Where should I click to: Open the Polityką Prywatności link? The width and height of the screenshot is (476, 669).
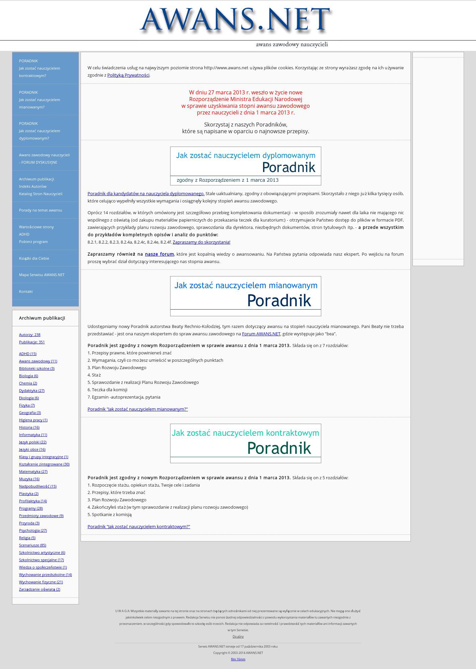[x=128, y=75]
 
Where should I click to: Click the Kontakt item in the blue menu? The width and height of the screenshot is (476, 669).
[x=26, y=291]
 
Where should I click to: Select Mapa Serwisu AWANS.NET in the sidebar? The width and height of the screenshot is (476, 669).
[x=41, y=275]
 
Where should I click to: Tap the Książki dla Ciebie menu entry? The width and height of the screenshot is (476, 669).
[x=34, y=258]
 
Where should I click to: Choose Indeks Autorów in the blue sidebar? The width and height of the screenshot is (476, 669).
[x=32, y=186]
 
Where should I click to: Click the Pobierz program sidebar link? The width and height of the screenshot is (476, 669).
[x=33, y=242]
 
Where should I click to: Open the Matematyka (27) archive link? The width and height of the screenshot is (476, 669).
[x=33, y=472]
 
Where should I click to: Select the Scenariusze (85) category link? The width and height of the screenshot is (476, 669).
[x=32, y=545]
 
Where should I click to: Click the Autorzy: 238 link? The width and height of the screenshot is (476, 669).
[x=29, y=335]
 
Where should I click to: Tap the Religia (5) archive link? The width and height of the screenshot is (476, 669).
[x=27, y=538]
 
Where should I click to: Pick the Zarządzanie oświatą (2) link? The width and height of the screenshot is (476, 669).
[x=39, y=589]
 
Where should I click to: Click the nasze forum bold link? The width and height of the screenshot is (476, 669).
[x=159, y=254]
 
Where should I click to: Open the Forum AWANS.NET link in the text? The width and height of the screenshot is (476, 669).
[x=261, y=334]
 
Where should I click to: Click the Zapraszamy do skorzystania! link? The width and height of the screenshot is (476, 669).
[x=201, y=242]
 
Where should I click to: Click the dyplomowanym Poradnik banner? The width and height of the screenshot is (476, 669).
[x=245, y=166]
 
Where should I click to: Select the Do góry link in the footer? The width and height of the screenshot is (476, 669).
[x=238, y=637]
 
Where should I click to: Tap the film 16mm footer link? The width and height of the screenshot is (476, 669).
[x=238, y=659]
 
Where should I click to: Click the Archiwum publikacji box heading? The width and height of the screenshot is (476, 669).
[x=42, y=318]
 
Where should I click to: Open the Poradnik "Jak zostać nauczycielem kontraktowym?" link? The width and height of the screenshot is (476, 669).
[x=139, y=526]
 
